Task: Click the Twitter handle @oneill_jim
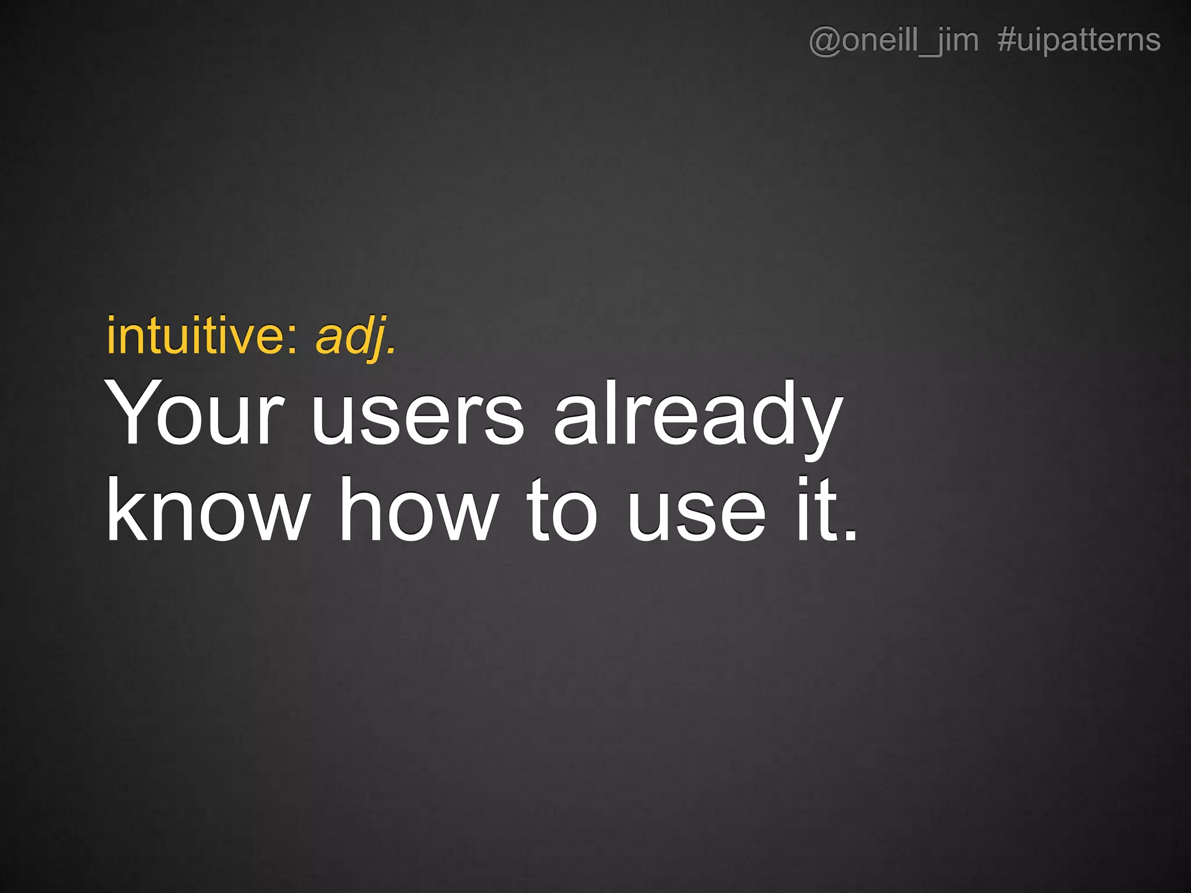pos(893,41)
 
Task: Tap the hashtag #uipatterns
pos(1079,41)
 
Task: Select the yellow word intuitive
pos(195,336)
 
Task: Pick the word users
pos(418,416)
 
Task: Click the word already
pos(698,416)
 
